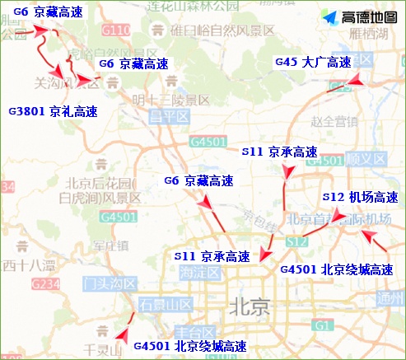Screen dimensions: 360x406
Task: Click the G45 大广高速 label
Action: click(x=313, y=63)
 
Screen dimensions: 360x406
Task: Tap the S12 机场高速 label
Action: click(x=360, y=198)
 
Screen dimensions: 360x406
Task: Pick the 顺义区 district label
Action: click(x=366, y=158)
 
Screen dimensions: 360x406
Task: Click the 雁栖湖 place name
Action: click(x=366, y=34)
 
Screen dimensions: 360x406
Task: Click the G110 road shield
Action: click(x=117, y=31)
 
